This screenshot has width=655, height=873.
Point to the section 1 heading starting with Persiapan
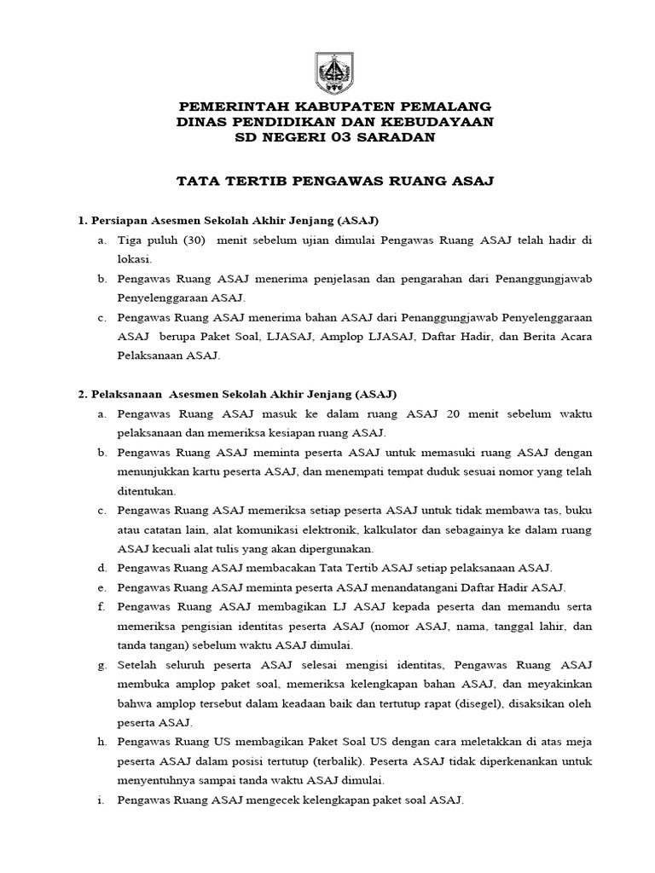coord(228,220)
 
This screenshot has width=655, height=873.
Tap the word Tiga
coord(131,240)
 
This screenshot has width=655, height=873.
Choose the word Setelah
coord(139,664)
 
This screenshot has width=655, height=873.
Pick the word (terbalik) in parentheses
coord(358,760)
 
